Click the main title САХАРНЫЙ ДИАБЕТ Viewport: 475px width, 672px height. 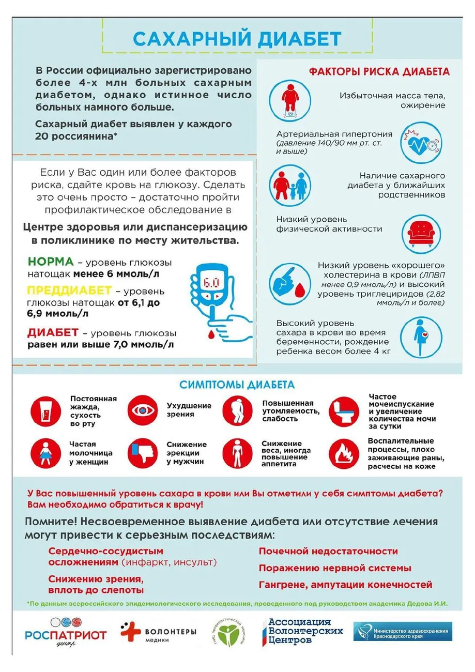pyautogui.click(x=237, y=39)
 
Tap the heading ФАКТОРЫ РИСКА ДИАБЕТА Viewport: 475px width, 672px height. pyautogui.click(x=364, y=72)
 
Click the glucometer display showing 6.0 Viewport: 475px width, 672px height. pyautogui.click(x=210, y=283)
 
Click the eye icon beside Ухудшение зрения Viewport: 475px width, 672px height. pyautogui.click(x=142, y=410)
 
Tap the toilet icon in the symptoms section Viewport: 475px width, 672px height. pyautogui.click(x=344, y=411)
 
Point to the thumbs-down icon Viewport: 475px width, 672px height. pyautogui.click(x=142, y=453)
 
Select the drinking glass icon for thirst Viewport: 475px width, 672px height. pyautogui.click(x=45, y=411)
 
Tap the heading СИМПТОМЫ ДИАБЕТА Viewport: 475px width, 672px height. pyautogui.click(x=237, y=385)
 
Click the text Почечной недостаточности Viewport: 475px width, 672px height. pyautogui.click(x=328, y=552)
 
